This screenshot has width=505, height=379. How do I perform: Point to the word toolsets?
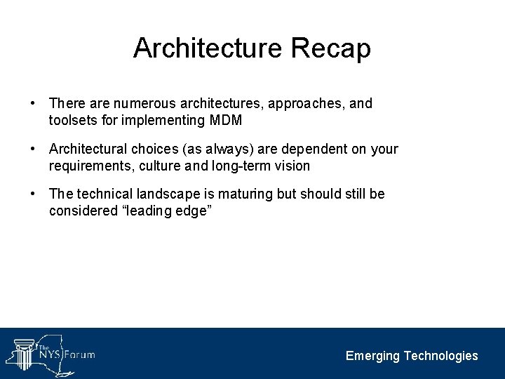(73, 120)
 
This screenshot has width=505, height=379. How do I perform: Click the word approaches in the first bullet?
(306, 104)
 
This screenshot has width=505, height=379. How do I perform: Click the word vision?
(291, 166)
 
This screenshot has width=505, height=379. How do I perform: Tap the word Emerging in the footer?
(372, 356)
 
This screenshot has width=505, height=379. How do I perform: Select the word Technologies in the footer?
(440, 356)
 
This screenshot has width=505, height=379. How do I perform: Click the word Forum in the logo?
(79, 354)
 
